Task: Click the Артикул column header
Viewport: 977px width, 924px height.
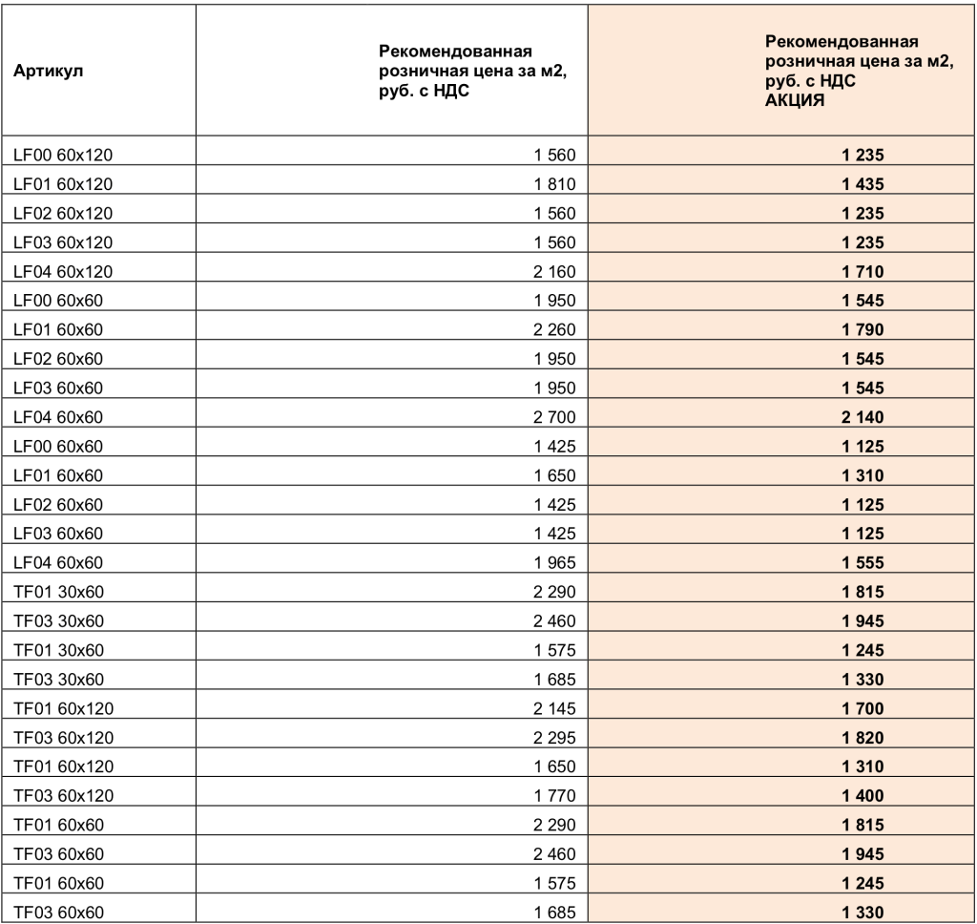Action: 46,73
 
